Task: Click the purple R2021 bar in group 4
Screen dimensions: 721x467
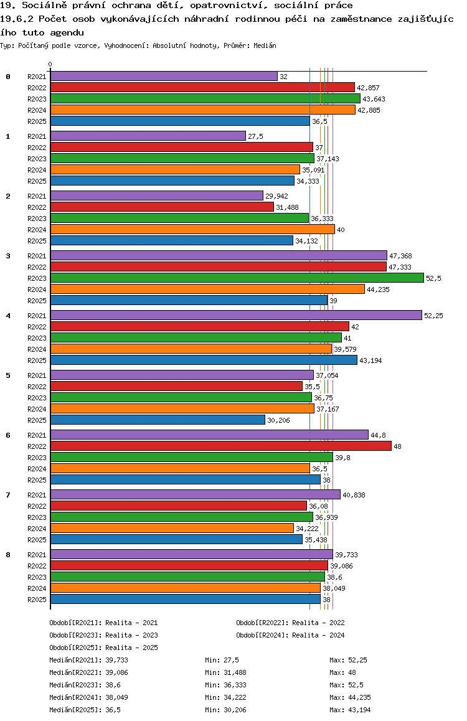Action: [235, 316]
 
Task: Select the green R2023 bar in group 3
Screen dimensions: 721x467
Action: [237, 278]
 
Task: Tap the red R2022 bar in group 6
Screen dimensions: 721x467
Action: [220, 446]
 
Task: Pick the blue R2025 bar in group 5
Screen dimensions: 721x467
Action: [158, 420]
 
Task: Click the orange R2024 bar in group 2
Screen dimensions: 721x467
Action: [192, 230]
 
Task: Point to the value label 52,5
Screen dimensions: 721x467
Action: [433, 278]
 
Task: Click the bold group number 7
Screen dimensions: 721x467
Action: [8, 495]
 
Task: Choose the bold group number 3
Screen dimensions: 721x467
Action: [8, 256]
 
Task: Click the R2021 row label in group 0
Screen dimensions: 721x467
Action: [37, 77]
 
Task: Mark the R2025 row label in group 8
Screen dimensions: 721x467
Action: [37, 600]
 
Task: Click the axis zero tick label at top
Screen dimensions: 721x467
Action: [50, 64]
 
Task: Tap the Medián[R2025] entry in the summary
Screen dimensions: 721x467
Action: [74, 710]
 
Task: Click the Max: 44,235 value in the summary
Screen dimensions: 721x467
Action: [352, 697]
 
